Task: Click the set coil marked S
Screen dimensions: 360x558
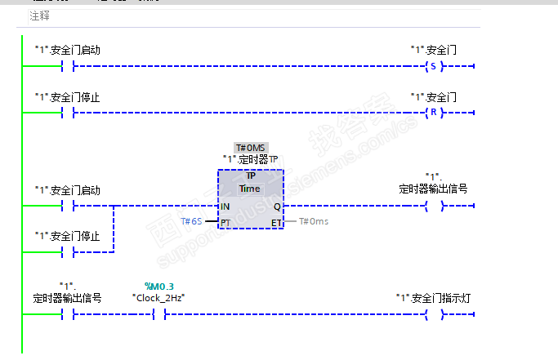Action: click(x=432, y=66)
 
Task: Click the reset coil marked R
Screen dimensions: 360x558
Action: click(x=432, y=112)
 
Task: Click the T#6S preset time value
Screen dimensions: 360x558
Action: click(x=191, y=221)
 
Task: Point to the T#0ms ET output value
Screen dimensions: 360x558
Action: click(x=313, y=221)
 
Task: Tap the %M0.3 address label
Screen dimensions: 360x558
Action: click(x=158, y=286)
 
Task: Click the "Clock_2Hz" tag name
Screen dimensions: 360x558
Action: click(x=158, y=297)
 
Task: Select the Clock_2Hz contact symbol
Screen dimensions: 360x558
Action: click(x=158, y=313)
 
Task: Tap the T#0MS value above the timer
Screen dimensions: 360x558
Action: click(x=251, y=148)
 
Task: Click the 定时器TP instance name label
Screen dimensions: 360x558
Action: click(x=251, y=159)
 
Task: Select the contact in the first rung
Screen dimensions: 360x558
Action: click(x=68, y=66)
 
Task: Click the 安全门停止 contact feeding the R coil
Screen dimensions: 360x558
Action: click(x=68, y=112)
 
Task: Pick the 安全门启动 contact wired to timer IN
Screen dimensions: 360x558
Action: click(x=68, y=206)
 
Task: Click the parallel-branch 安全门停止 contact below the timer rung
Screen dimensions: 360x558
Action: click(x=68, y=252)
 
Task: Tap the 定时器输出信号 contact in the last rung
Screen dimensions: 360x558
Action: click(x=68, y=313)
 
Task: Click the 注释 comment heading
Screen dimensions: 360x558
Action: click(x=39, y=16)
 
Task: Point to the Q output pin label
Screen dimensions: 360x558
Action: click(x=277, y=207)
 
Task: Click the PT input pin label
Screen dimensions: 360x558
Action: click(x=225, y=222)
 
